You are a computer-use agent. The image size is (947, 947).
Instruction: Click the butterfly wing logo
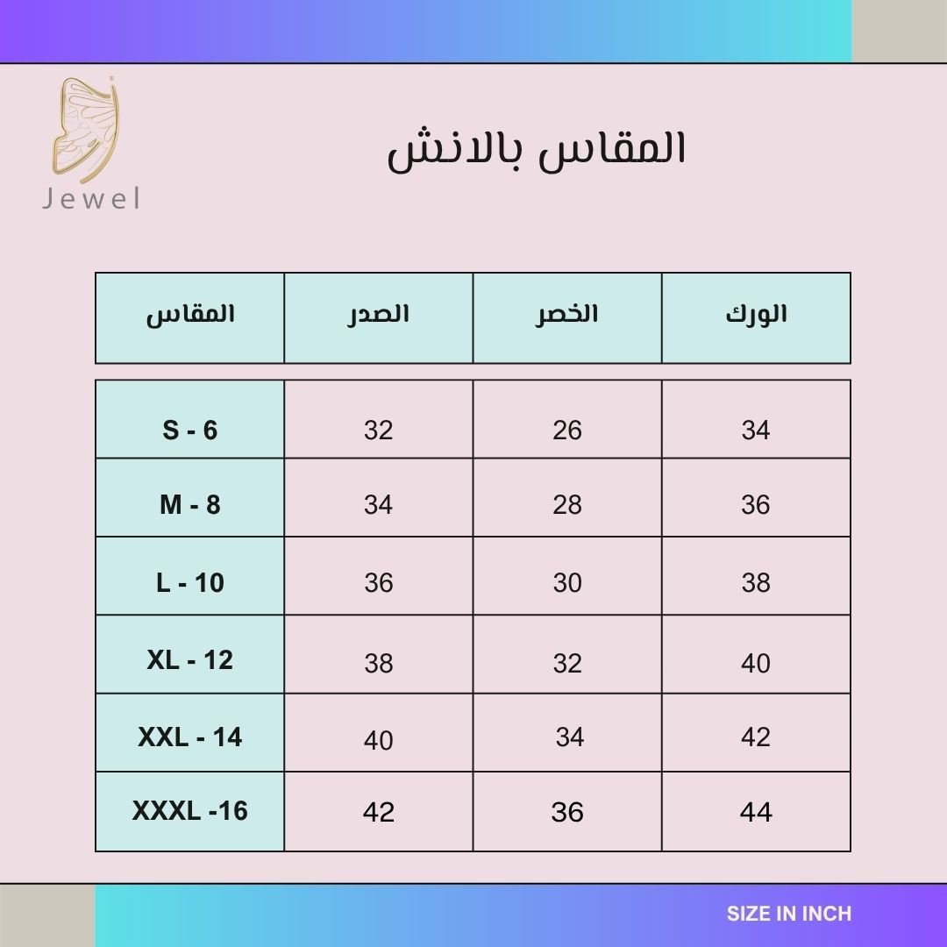coord(85,130)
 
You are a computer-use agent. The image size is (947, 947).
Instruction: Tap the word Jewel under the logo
coord(91,199)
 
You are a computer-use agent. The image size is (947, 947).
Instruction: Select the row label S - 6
coord(189,430)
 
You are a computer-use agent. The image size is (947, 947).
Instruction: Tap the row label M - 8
coord(189,505)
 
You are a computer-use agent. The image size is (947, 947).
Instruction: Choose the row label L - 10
coord(189,583)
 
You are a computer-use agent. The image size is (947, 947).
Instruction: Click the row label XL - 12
coord(189,660)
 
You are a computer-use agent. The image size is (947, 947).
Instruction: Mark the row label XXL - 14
coord(189,737)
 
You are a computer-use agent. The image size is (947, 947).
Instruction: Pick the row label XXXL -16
coord(189,811)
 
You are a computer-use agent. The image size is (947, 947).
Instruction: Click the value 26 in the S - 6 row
coord(567,430)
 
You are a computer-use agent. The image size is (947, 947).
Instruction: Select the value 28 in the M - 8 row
coord(567,505)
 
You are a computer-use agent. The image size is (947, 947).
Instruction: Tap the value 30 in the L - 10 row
coord(567,583)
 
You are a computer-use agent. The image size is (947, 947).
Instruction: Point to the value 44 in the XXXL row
coord(756,812)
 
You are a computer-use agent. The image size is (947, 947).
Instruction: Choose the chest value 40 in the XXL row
coord(379,740)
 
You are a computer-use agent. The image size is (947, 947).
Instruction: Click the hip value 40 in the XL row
coord(756,664)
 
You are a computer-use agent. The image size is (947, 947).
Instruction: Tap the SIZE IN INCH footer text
coord(789,914)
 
